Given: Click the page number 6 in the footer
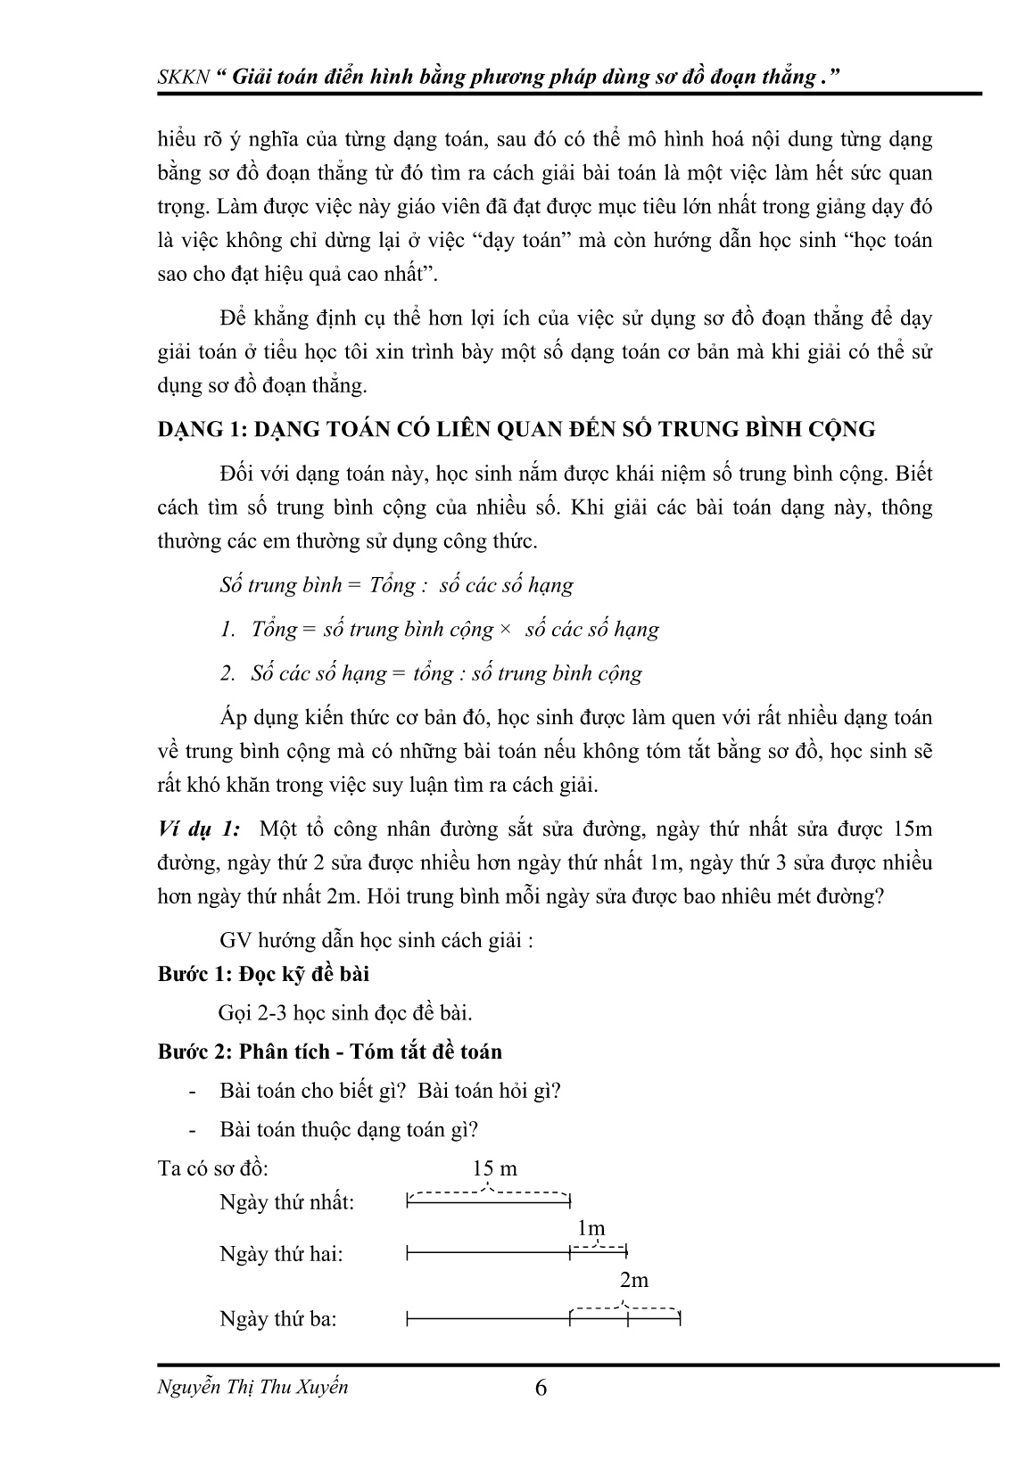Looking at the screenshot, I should point(540,1389).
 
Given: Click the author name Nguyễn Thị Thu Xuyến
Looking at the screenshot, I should point(252,1387).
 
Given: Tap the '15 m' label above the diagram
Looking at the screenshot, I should point(494,1168).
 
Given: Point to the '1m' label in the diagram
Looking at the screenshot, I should point(591,1228).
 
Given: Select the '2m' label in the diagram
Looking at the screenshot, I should point(633,1280).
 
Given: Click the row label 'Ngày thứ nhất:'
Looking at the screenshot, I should point(287,1202).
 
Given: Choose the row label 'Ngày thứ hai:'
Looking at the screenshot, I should point(281,1254).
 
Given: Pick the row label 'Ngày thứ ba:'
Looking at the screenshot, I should point(278,1318).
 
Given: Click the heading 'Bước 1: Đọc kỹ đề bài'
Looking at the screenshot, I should point(264,974).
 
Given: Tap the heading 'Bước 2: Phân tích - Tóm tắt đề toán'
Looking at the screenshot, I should point(330,1052).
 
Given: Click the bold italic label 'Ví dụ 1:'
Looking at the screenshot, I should point(198,829).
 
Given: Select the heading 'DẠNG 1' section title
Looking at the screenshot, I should point(516,429).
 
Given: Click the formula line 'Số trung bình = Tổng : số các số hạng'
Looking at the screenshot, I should point(396,585).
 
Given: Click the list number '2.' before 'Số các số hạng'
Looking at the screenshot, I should point(228,673).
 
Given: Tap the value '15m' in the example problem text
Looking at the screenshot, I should point(911,829).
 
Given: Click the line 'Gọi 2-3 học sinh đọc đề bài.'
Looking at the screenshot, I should point(345,1013).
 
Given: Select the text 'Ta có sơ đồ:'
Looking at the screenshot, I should point(213,1168).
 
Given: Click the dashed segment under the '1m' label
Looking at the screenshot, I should point(598,1246).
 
